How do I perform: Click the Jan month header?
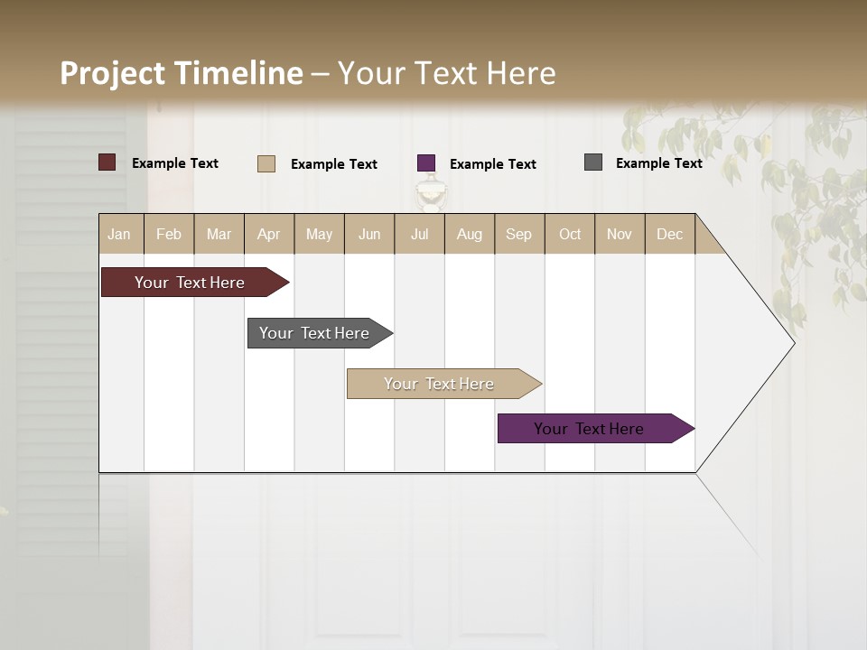click(120, 234)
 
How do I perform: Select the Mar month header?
click(219, 234)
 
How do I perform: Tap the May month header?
click(319, 234)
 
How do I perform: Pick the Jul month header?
click(419, 234)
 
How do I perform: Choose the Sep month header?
click(518, 234)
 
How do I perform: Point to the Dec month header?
click(669, 234)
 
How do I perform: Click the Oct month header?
click(570, 234)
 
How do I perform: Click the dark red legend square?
click(107, 162)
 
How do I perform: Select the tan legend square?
click(266, 163)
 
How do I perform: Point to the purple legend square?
click(426, 163)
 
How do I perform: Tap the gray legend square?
click(593, 162)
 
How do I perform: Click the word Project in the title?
click(112, 73)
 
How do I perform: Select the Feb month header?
click(169, 234)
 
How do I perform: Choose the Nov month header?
click(620, 234)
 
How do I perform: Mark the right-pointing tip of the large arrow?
click(793, 343)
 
